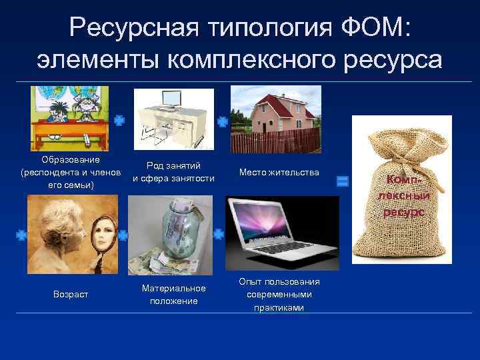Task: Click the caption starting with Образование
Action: [x=71, y=173]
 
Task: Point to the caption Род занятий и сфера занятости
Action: [x=173, y=172]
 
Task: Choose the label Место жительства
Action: [x=276, y=173]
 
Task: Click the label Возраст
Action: [x=71, y=293]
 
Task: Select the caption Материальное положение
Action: [x=173, y=294]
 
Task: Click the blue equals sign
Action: [x=343, y=181]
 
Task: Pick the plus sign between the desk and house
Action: [x=222, y=121]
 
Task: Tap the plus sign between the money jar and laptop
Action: [x=219, y=234]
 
